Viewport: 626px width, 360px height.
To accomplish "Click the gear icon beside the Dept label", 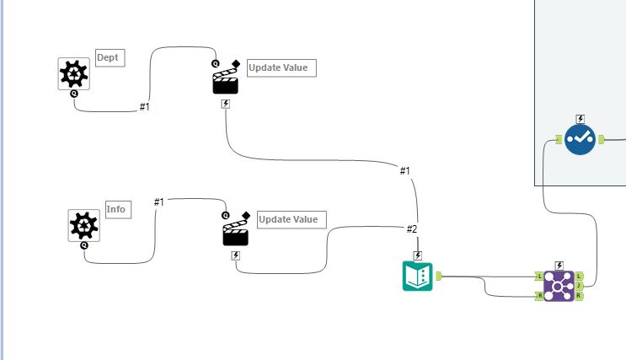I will point(73,74).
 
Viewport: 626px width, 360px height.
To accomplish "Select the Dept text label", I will point(109,57).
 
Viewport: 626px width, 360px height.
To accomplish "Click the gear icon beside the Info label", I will point(83,226).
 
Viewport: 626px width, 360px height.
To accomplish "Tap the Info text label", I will point(117,210).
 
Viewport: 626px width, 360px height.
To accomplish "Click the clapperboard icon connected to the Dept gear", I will point(225,81).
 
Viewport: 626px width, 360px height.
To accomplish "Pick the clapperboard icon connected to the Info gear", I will point(236,232).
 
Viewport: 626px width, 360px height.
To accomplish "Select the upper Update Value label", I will point(281,67).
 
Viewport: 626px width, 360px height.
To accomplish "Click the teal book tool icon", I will point(417,277).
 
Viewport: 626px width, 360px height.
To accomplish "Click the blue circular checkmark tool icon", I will point(580,139).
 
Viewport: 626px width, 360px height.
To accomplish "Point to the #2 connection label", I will point(412,229).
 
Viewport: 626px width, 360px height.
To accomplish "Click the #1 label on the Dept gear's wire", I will point(144,108).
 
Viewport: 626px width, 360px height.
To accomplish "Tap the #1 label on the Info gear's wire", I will point(159,201).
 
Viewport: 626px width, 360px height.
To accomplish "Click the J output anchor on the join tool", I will point(580,286).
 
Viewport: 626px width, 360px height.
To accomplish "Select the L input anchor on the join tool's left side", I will point(539,276).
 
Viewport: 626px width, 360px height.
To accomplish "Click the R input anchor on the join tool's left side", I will point(539,296).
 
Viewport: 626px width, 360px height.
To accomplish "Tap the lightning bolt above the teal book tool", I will point(417,255).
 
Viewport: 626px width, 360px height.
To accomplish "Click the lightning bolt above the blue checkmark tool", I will point(580,119).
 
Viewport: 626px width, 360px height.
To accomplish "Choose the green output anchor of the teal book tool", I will point(439,275).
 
